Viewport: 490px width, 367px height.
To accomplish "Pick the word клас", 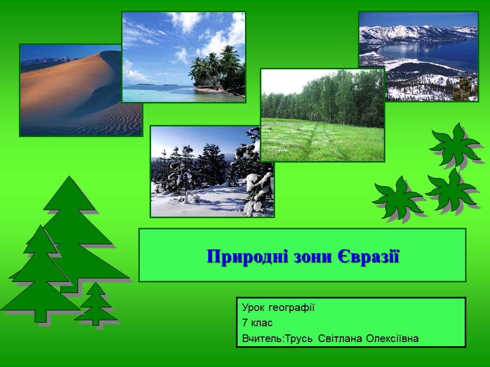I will tap(263, 323).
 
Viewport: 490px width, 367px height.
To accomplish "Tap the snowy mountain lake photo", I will tap(419, 56).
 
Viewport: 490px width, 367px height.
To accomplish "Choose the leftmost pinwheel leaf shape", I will tap(398, 198).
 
